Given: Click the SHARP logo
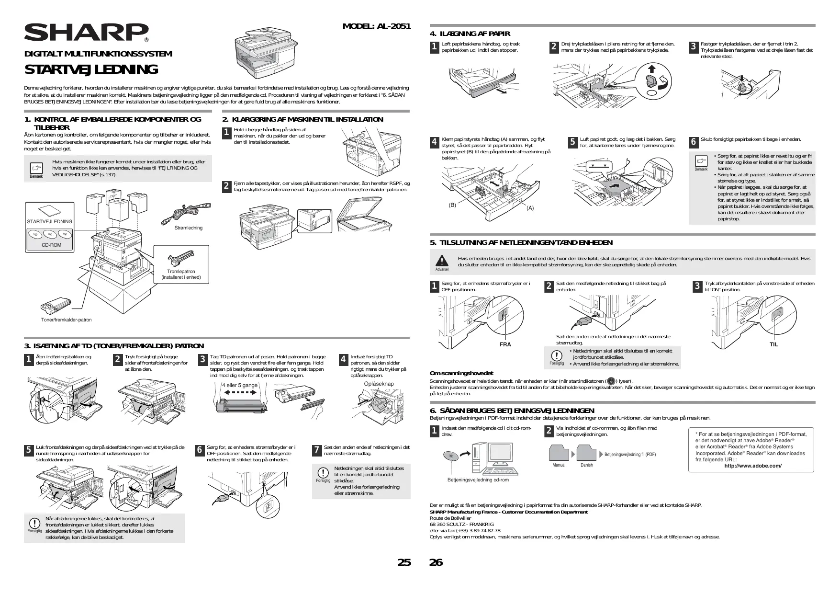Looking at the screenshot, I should click(x=86, y=33).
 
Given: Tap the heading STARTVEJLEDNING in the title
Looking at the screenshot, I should click(x=91, y=69).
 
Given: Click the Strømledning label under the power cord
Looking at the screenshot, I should click(x=189, y=228).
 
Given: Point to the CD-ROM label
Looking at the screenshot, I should click(x=51, y=245).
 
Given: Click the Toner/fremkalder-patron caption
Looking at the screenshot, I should click(x=66, y=320).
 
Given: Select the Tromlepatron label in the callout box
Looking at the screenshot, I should click(x=181, y=271).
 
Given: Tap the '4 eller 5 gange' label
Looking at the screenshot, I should click(x=239, y=385).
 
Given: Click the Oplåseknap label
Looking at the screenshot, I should click(x=379, y=384).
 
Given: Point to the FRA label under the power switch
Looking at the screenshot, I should click(x=505, y=344).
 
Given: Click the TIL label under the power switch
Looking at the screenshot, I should click(x=773, y=344).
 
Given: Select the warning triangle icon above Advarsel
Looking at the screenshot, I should click(x=441, y=260).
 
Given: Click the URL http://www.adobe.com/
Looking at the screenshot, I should click(x=753, y=466).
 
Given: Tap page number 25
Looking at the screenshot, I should click(x=404, y=562).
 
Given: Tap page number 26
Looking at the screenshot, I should click(x=436, y=562).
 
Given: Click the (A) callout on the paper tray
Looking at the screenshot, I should click(x=530, y=208).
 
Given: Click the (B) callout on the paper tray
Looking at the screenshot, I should click(x=452, y=205).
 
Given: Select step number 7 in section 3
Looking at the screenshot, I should click(x=316, y=450).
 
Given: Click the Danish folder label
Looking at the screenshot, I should click(x=586, y=465).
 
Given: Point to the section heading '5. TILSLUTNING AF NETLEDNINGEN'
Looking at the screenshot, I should click(x=521, y=243).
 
